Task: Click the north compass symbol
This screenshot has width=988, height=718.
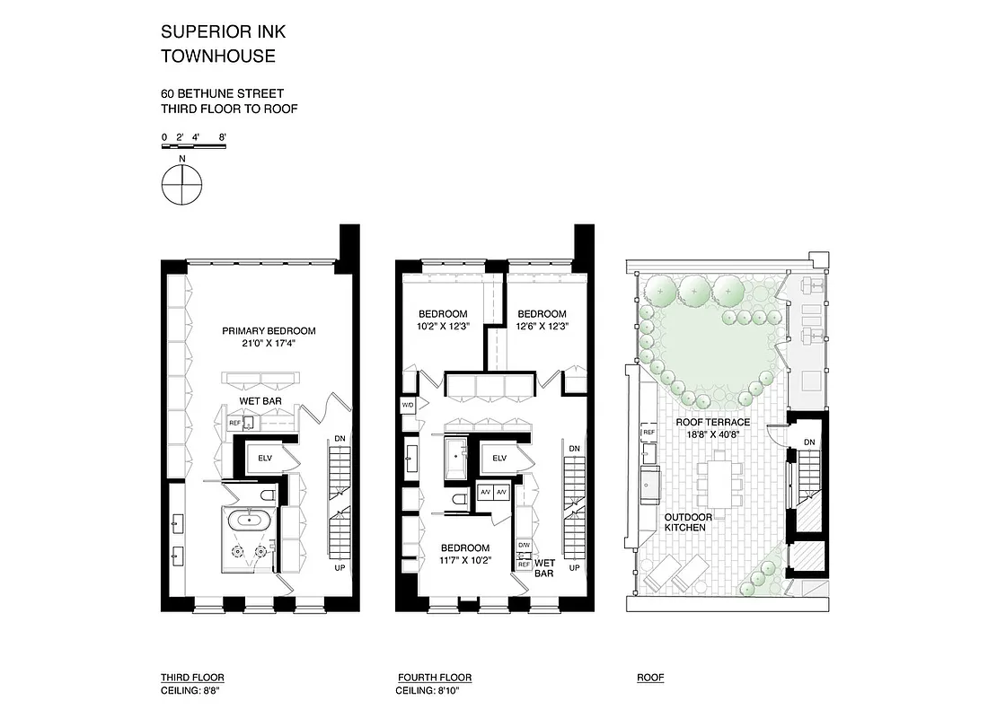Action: pyautogui.click(x=182, y=186)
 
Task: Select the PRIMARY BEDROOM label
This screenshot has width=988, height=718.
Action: pyautogui.click(x=269, y=331)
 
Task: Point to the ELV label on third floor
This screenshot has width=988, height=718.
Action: pyautogui.click(x=265, y=458)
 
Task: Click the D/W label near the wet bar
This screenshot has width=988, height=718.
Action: pyautogui.click(x=524, y=545)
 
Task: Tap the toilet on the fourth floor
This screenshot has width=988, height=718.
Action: pyautogui.click(x=457, y=501)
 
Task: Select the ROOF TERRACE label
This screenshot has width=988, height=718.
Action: pyautogui.click(x=713, y=422)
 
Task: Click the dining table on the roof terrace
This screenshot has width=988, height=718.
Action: pyautogui.click(x=719, y=482)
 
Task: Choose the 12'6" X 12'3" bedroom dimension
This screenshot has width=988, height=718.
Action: pyautogui.click(x=543, y=327)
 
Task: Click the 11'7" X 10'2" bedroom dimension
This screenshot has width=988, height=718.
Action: pyautogui.click(x=464, y=561)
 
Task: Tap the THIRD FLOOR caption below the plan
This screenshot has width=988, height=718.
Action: pyautogui.click(x=192, y=678)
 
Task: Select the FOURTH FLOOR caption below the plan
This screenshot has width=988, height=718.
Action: pyautogui.click(x=435, y=678)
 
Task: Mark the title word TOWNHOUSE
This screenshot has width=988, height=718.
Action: pyautogui.click(x=218, y=57)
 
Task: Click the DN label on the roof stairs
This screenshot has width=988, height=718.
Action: pyautogui.click(x=809, y=442)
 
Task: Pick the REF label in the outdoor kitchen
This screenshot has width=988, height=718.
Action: pyautogui.click(x=648, y=433)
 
